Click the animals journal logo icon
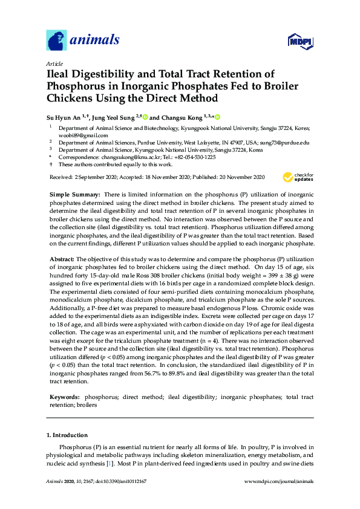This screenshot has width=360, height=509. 56,41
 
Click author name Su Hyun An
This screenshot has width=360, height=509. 67,117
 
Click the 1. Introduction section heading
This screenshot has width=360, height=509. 67,435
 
